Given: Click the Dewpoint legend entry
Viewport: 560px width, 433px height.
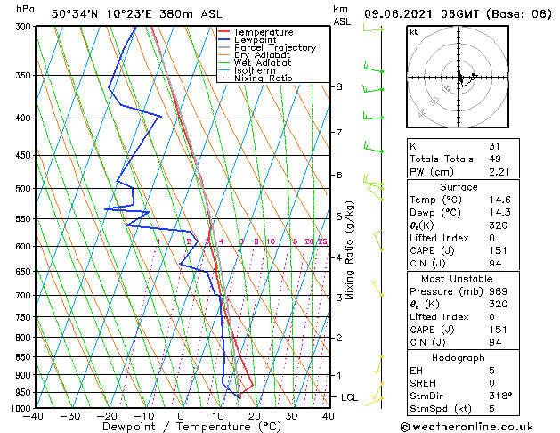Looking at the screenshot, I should (254, 40).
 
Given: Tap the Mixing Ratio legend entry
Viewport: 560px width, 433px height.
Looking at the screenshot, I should (263, 78).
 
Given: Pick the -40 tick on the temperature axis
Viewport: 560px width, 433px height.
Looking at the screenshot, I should (34, 416).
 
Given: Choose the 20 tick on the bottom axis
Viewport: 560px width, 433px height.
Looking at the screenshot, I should (255, 416).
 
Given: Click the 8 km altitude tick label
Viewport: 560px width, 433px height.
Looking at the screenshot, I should (339, 86).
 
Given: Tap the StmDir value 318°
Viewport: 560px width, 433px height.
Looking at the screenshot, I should (500, 395).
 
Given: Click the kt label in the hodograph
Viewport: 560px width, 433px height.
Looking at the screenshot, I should (413, 31).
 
